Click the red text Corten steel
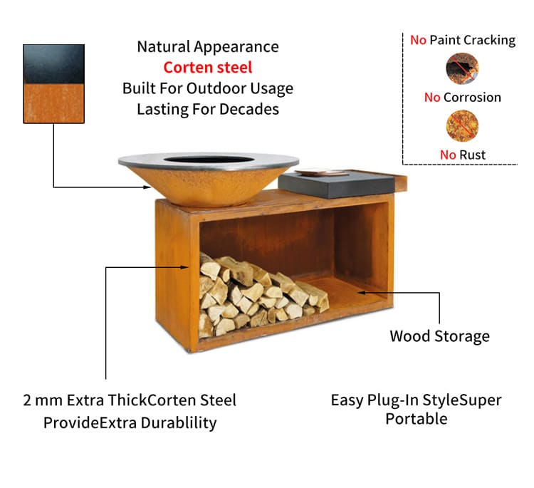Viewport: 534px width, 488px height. click(x=208, y=67)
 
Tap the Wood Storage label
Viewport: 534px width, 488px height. click(x=440, y=336)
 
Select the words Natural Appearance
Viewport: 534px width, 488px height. click(x=208, y=47)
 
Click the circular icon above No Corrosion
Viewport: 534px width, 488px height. click(x=462, y=68)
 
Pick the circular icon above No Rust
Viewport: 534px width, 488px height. click(x=462, y=126)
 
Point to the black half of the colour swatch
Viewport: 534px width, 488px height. click(x=54, y=64)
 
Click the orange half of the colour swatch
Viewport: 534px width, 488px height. click(x=54, y=103)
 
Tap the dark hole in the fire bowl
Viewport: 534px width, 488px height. click(x=209, y=160)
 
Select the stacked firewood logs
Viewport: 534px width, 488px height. click(x=261, y=294)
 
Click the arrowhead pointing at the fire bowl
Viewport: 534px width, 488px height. click(x=147, y=187)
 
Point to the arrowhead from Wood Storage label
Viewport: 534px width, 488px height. click(x=361, y=292)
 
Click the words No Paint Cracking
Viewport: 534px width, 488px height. click(x=463, y=40)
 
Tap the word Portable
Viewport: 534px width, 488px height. click(x=417, y=419)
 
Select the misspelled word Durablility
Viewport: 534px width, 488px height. click(x=179, y=423)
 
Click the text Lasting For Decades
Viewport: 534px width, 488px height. click(x=208, y=110)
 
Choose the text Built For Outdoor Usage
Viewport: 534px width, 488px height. click(x=208, y=88)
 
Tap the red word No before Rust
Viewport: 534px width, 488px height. click(x=448, y=155)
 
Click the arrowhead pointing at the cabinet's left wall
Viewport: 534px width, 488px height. click(x=184, y=267)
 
